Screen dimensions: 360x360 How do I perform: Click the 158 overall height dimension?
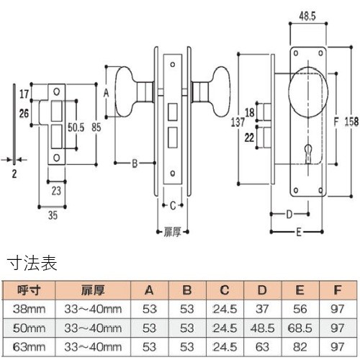click(351, 122)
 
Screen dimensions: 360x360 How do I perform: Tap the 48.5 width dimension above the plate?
click(307, 16)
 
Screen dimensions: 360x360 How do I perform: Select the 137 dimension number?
click(238, 122)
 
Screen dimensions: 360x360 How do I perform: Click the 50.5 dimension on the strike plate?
click(76, 127)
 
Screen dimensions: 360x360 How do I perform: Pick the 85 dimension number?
click(96, 127)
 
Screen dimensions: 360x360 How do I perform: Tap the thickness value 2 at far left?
click(14, 174)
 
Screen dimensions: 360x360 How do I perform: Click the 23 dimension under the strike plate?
click(56, 191)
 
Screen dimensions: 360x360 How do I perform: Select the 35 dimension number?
click(53, 215)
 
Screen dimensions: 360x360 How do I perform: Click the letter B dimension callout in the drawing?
click(135, 163)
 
